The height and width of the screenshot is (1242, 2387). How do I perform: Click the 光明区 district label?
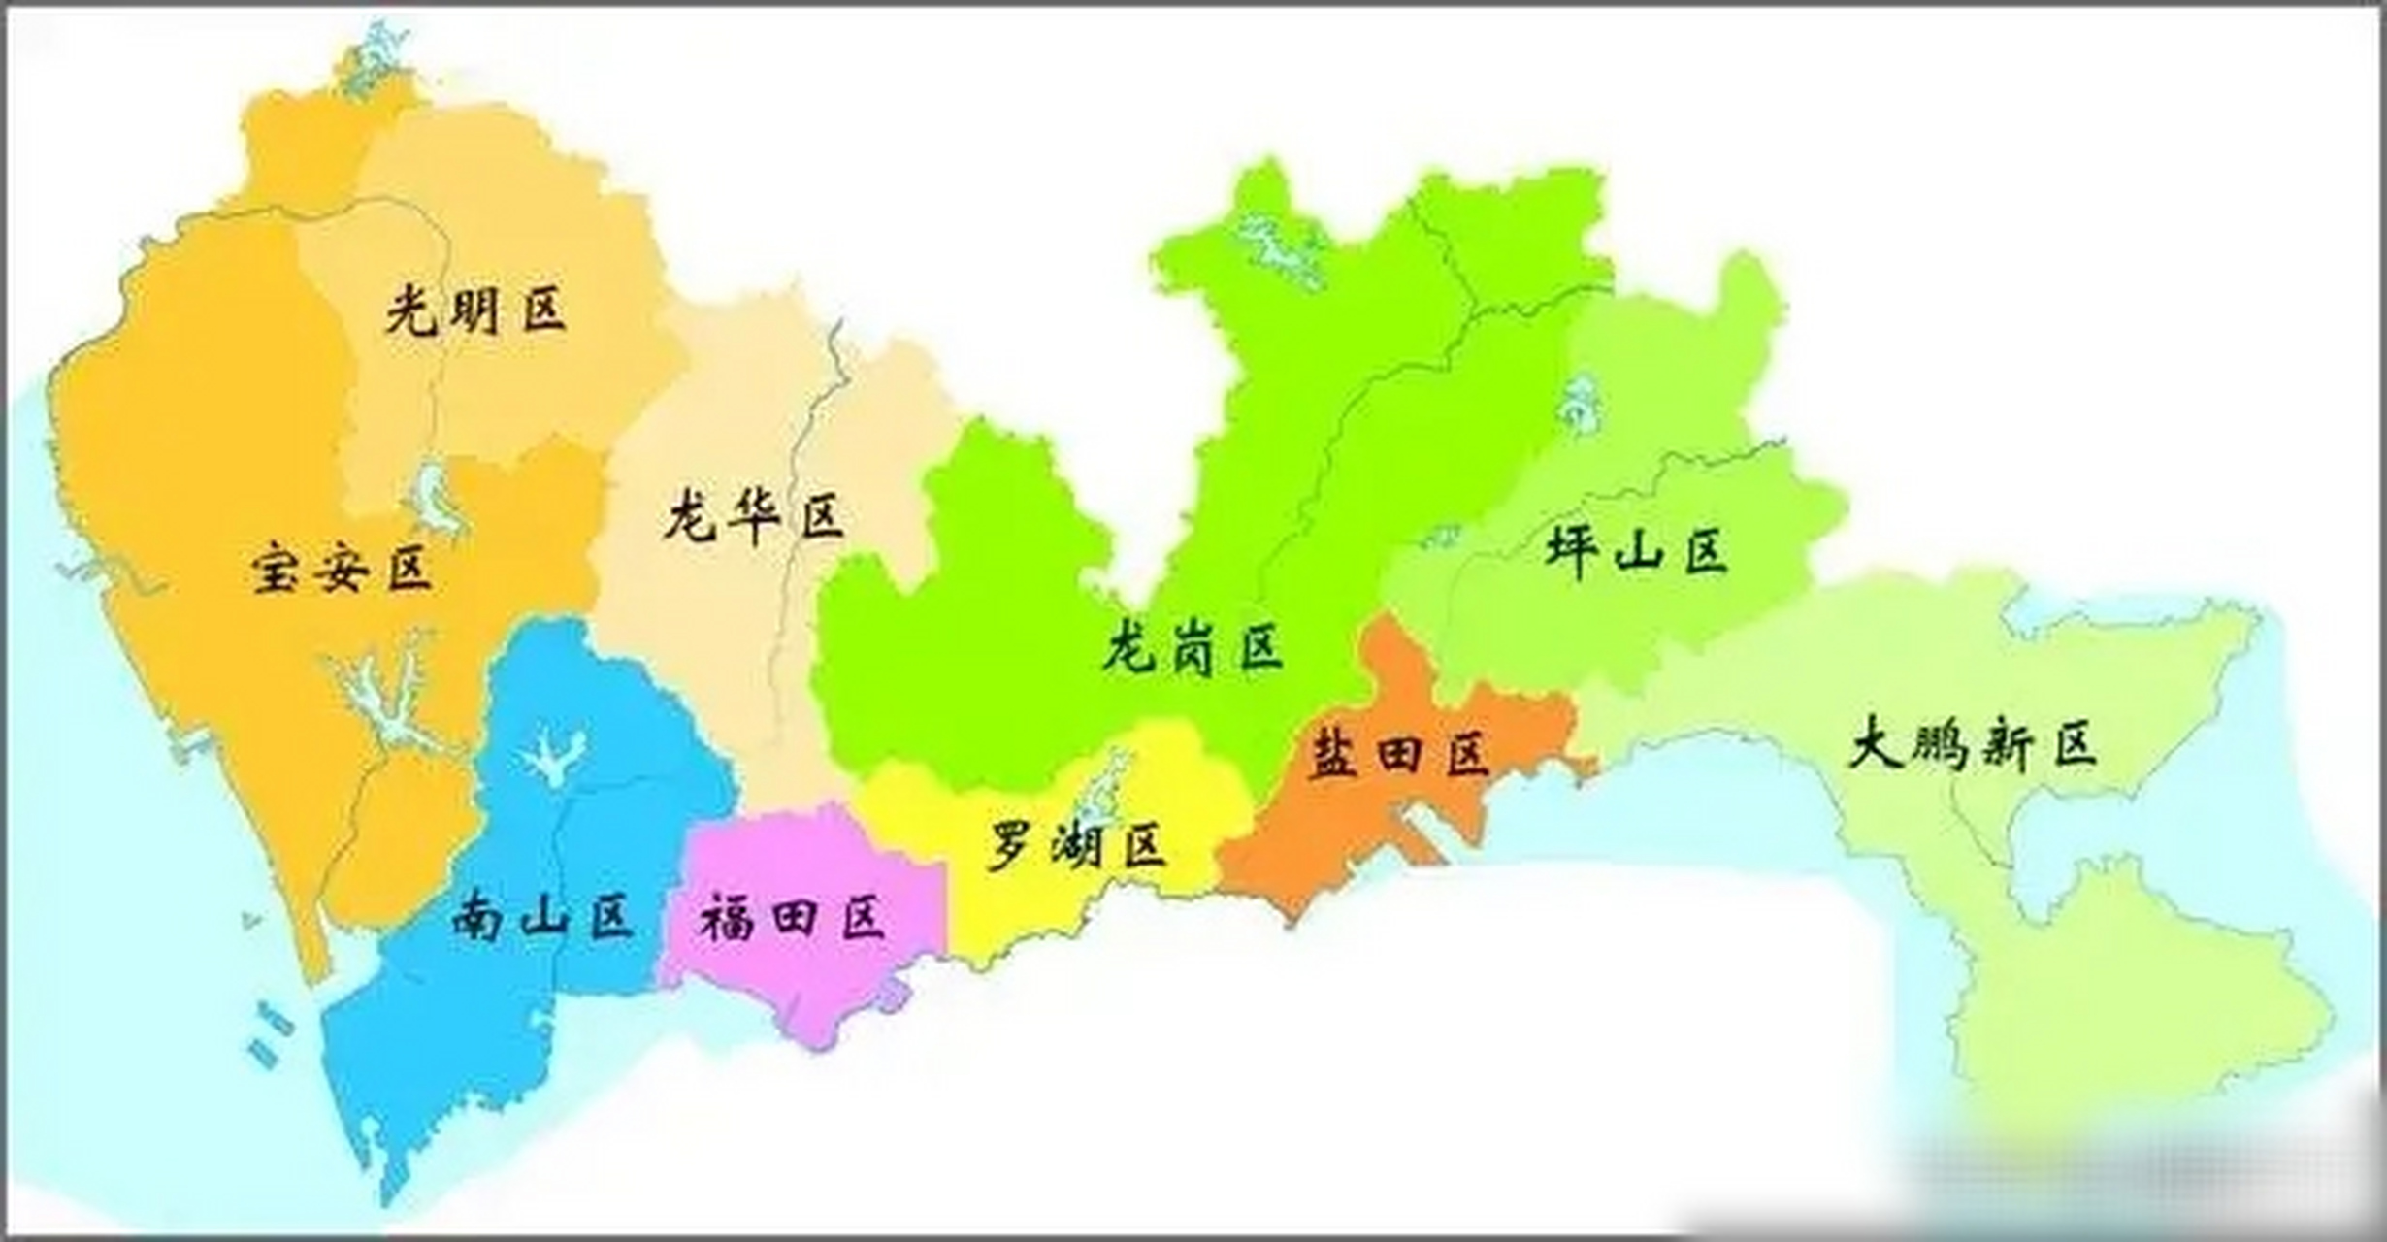(475, 310)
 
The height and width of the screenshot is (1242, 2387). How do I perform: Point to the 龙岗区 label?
(1193, 647)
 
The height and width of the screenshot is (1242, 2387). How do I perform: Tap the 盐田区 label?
(1399, 754)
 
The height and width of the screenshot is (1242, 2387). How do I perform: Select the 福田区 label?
(793, 918)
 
